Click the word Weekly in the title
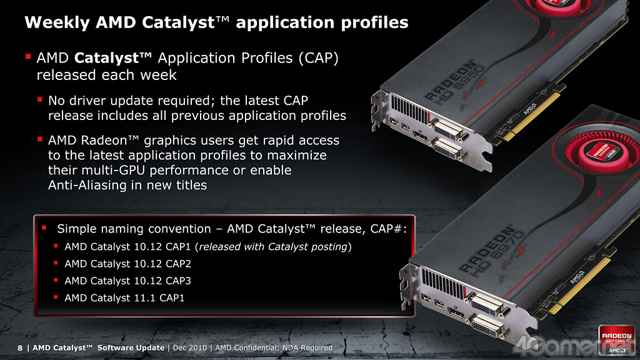pos(57,23)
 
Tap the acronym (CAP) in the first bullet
pos(318,58)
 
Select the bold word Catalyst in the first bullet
pos(107,59)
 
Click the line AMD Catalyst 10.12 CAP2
pos(127,264)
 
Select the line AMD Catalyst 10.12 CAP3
pos(127,281)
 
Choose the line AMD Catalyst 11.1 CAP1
pos(124,298)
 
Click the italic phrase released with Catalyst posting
pos(272,247)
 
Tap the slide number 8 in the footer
pos(20,348)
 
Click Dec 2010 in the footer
pos(190,347)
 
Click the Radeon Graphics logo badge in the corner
pos(616,339)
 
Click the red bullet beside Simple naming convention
pos(44,227)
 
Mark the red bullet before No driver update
pos(39,99)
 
